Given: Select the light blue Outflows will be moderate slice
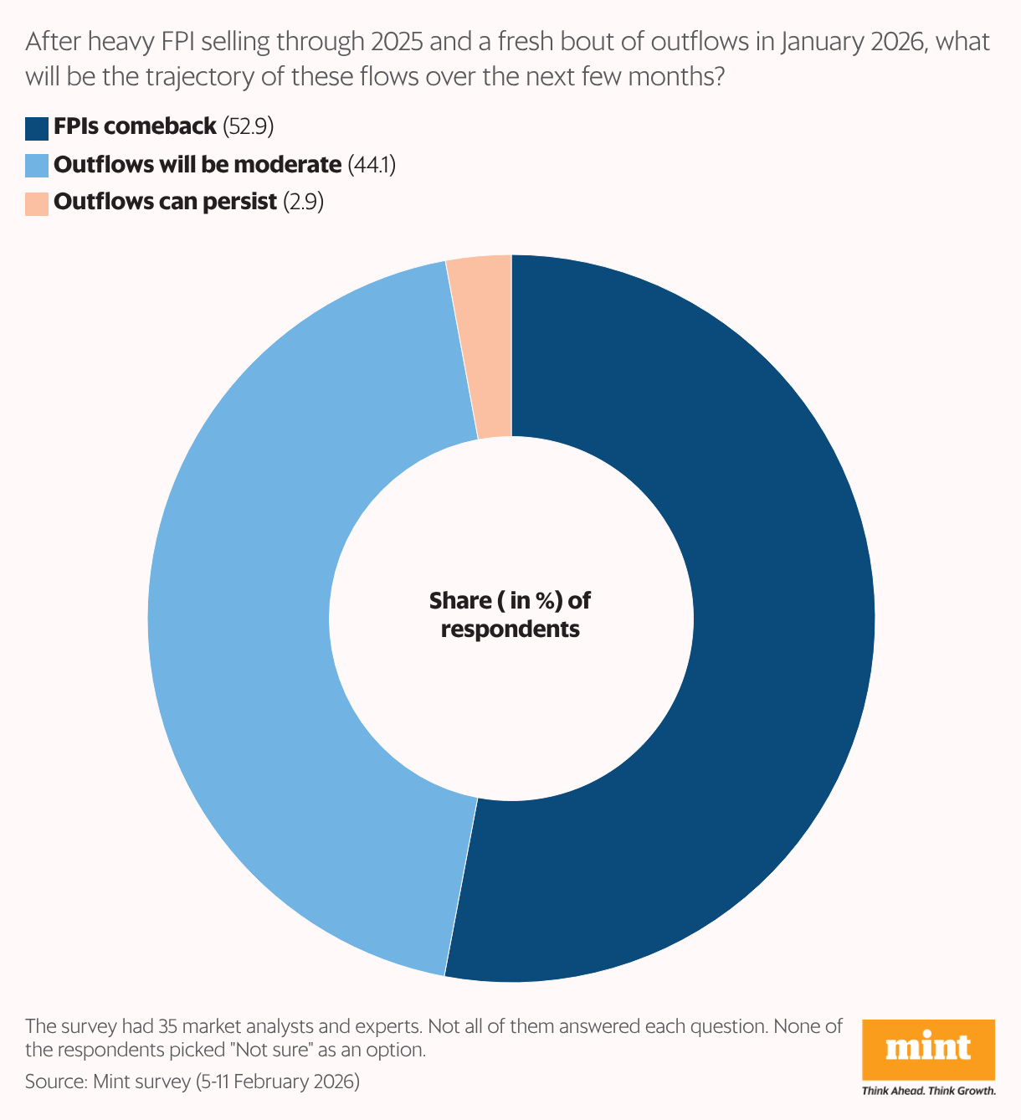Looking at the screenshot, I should coord(243,619).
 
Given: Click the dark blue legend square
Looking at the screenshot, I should coord(37,128).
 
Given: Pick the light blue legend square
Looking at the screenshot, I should coord(37,166).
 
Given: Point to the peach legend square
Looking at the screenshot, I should coord(37,203).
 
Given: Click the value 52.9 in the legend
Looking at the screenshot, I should coord(249,127).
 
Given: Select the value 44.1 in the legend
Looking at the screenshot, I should coord(372,165).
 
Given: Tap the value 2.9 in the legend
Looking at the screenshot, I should coord(303,203).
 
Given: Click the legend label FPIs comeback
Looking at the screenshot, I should coord(135,127).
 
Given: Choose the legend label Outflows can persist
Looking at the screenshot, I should coord(165,203).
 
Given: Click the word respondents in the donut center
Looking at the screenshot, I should coord(510,629).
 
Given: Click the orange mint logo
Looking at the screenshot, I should coord(928,1049).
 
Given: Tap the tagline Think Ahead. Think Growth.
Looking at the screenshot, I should coord(928,1091).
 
